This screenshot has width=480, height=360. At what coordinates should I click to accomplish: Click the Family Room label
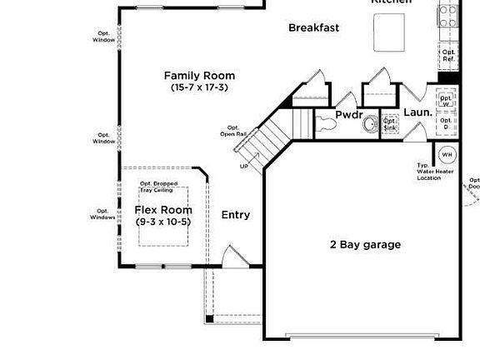(198, 76)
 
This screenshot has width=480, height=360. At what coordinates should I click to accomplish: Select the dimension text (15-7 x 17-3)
(198, 87)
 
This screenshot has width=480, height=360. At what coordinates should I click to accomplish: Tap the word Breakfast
(313, 27)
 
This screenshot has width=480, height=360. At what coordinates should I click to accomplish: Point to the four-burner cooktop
(447, 14)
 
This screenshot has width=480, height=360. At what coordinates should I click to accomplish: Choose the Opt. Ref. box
(448, 56)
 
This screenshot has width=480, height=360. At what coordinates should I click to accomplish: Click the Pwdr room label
(348, 115)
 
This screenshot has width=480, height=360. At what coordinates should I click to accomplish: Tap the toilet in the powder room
(327, 123)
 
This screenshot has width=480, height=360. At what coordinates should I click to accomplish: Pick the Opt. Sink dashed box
(390, 124)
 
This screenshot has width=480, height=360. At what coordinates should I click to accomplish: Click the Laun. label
(417, 112)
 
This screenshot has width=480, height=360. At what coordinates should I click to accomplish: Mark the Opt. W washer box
(447, 100)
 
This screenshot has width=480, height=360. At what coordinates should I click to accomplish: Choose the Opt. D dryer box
(447, 123)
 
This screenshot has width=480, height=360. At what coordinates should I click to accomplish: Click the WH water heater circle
(447, 154)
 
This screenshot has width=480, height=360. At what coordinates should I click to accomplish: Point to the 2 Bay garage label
(365, 244)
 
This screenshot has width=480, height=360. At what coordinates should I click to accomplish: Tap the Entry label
(235, 215)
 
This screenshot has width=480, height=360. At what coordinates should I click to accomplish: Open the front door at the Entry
(233, 256)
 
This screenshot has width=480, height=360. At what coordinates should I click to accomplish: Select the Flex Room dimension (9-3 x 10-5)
(163, 222)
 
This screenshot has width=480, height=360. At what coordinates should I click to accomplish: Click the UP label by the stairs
(244, 166)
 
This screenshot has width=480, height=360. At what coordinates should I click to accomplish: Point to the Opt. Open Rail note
(232, 131)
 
